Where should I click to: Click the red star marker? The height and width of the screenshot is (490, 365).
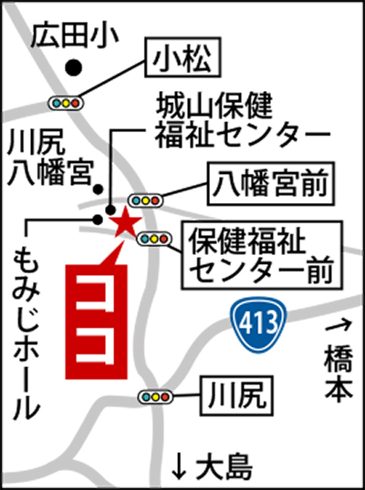(x=125, y=222)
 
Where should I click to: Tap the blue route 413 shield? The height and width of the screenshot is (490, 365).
(x=258, y=324)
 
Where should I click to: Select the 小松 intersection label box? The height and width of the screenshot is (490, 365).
(x=182, y=57)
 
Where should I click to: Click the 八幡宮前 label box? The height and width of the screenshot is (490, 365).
(x=271, y=183)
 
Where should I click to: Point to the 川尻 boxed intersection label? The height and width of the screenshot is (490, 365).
(x=236, y=395)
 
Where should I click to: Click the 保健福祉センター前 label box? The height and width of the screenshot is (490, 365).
(x=262, y=255)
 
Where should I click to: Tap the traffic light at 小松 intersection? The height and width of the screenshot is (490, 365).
(x=66, y=103)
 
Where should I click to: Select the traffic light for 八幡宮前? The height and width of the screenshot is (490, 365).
(x=145, y=200)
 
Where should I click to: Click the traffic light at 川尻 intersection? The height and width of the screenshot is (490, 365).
(x=155, y=397)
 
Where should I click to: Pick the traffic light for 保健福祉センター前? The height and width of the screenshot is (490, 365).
(x=154, y=239)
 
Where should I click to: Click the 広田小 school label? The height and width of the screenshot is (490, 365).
(x=75, y=36)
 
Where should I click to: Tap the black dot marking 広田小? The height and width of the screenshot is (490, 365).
(x=74, y=67)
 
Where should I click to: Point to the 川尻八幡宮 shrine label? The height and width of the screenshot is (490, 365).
(x=50, y=158)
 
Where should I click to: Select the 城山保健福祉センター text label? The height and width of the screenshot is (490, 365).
(x=243, y=120)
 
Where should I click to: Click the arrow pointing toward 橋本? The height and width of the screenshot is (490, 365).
(x=338, y=326)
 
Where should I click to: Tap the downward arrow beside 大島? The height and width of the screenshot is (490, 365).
(x=180, y=466)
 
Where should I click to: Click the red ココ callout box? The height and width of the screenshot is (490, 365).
(x=97, y=322)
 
